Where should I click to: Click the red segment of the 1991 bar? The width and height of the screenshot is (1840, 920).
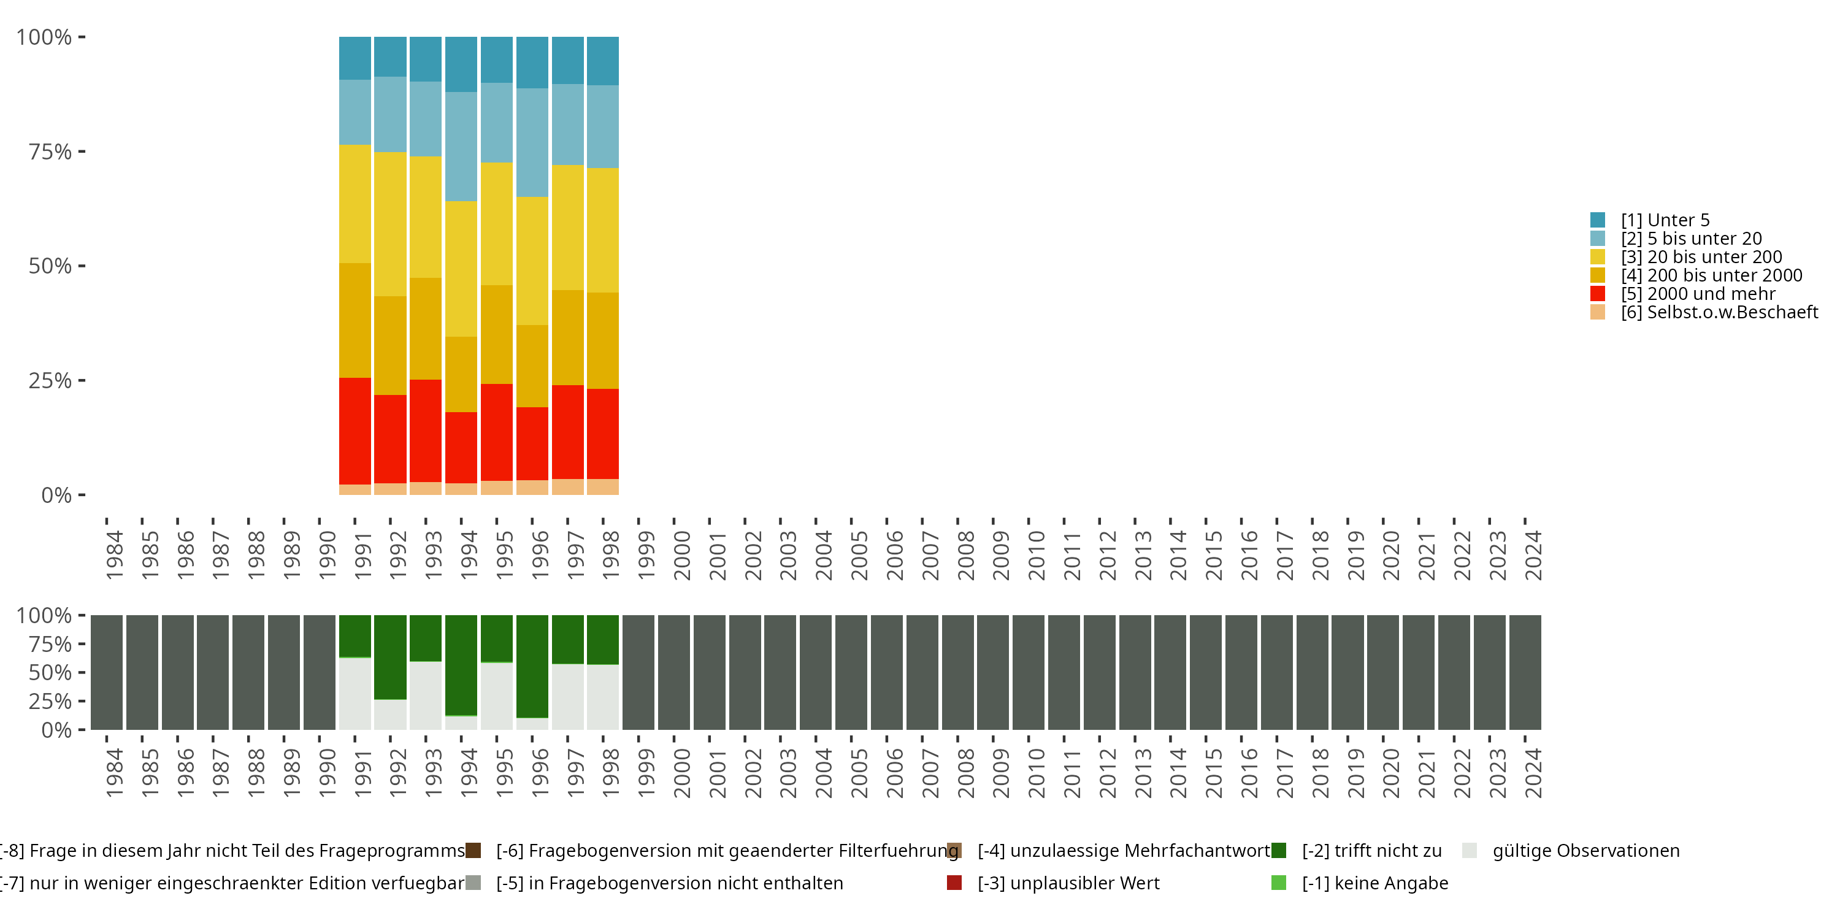[355, 431]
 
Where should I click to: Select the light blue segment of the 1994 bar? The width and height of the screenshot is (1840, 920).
[461, 147]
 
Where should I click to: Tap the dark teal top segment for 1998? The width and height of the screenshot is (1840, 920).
[603, 61]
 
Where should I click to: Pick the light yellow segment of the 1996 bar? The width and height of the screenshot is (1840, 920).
[532, 261]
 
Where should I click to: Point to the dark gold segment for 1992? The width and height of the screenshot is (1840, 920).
[390, 345]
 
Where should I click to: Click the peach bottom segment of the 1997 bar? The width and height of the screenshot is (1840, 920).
[568, 486]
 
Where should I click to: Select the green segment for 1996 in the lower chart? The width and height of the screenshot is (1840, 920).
[532, 665]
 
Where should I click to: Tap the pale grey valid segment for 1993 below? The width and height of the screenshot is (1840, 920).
[426, 695]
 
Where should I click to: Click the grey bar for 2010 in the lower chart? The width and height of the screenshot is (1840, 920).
[1029, 672]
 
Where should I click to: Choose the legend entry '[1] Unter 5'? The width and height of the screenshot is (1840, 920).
[1665, 220]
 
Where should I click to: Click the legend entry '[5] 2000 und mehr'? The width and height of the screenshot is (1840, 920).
[1697, 294]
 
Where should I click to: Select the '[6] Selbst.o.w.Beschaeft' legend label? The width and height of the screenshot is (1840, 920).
[1719, 312]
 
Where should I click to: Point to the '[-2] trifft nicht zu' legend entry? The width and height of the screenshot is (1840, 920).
[1371, 851]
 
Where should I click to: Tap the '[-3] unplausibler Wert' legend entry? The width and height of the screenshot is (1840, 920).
[1068, 883]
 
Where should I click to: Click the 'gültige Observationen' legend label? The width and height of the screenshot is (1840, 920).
[1585, 851]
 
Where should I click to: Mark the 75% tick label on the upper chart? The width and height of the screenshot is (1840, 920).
[50, 151]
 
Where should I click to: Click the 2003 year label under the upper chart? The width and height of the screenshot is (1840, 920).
[789, 555]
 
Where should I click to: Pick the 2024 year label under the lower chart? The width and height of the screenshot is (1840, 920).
[1533, 773]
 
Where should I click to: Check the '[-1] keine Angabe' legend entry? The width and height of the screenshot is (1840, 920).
[1374, 883]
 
